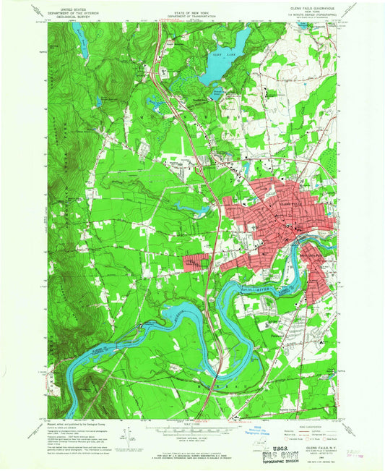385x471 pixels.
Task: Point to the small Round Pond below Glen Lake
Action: tap(217, 92)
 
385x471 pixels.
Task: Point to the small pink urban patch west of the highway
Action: tap(194, 263)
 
